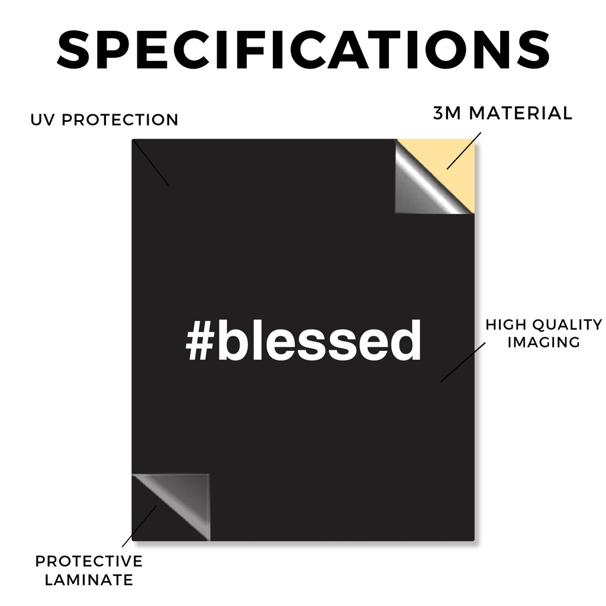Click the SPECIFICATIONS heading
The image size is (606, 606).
[x=304, y=50]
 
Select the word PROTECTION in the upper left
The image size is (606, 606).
[x=120, y=120]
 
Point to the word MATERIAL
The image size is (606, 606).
[x=520, y=113]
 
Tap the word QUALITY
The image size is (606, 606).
[x=568, y=325]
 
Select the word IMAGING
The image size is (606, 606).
[x=544, y=342]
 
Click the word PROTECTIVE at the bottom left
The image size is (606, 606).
[x=89, y=561]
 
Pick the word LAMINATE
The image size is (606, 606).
[x=89, y=580]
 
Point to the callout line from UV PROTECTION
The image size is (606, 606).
[x=151, y=163]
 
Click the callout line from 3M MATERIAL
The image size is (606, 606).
[x=464, y=151]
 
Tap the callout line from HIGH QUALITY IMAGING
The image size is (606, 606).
[x=463, y=362]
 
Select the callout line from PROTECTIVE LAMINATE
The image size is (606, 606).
[x=140, y=526]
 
